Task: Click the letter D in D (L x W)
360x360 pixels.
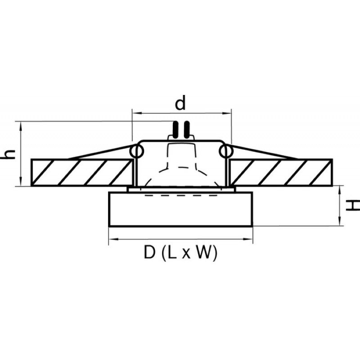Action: tap(150, 252)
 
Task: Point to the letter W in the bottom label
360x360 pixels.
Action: tap(204, 252)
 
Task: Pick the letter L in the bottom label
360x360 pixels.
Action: tap(172, 252)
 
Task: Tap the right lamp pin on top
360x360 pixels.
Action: tap(187, 130)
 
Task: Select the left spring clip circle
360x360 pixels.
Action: tap(137, 152)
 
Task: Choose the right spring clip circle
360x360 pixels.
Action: tap(226, 152)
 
